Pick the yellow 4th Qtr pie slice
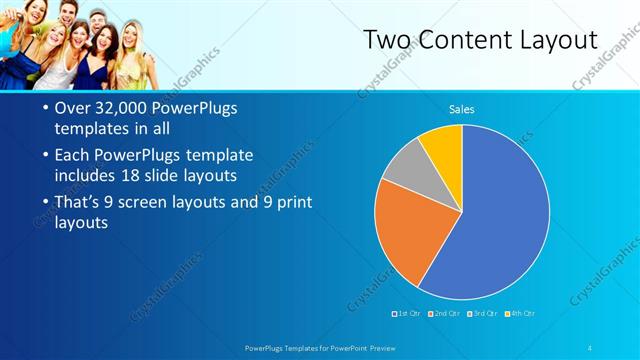[x=443, y=147]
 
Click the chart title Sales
[x=461, y=109]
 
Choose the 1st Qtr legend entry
[x=406, y=314]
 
